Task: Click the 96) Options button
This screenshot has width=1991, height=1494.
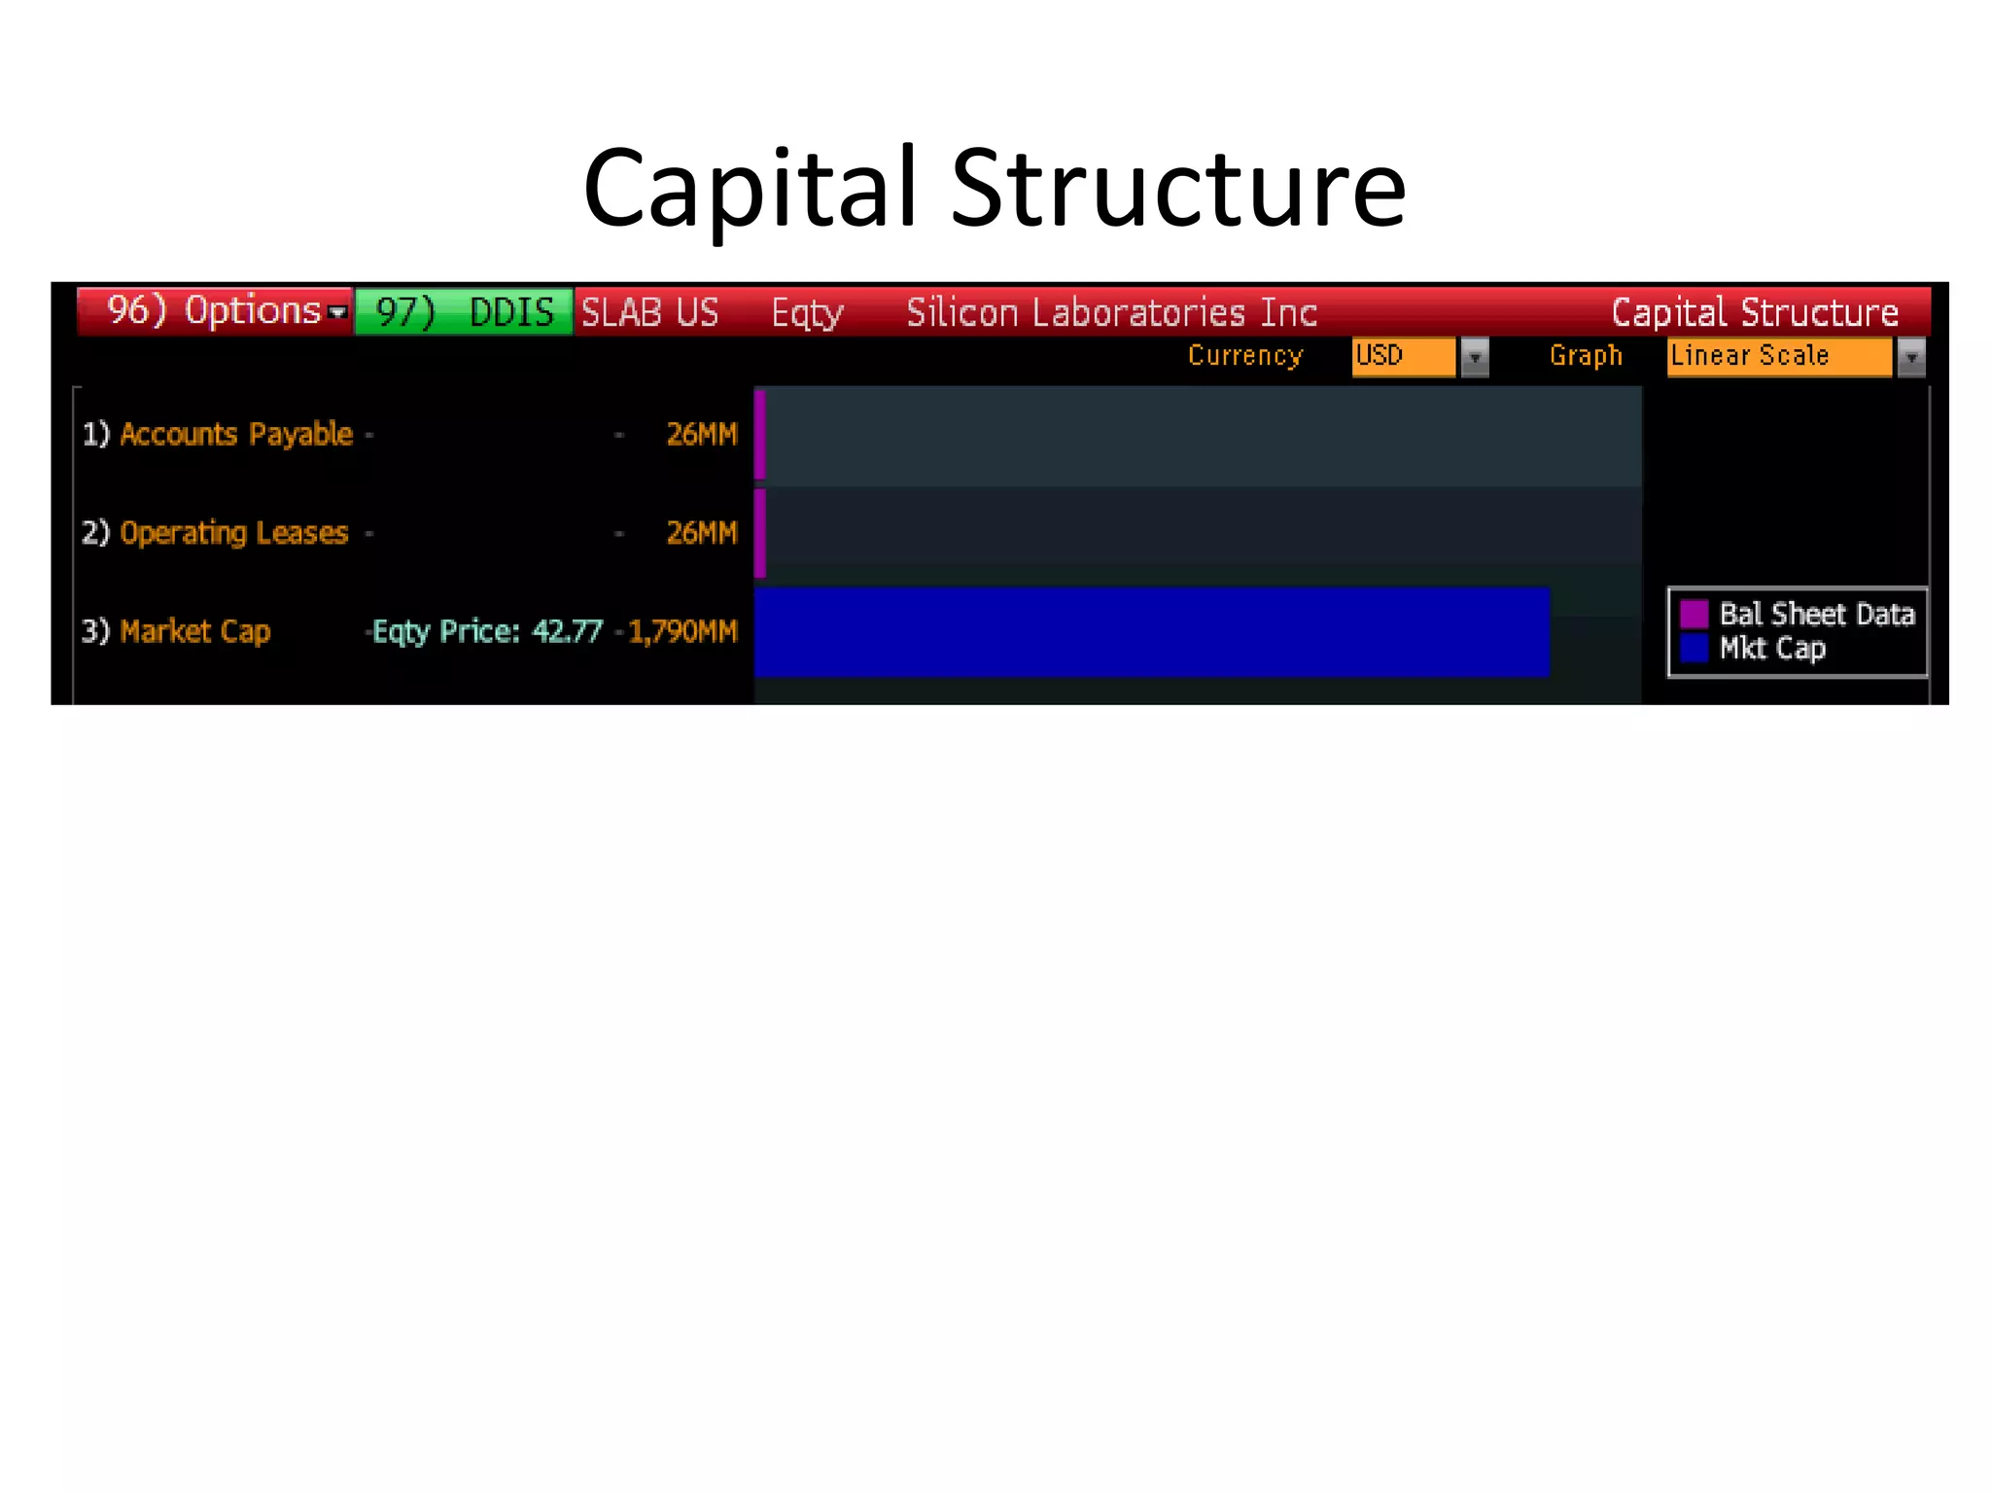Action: (x=215, y=311)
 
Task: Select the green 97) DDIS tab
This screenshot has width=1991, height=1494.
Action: (x=464, y=312)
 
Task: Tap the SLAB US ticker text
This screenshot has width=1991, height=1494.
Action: (x=649, y=312)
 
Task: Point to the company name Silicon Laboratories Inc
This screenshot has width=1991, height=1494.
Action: (x=1111, y=312)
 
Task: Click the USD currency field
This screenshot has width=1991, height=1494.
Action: (x=1403, y=356)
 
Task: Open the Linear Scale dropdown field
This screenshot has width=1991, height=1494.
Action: (x=1779, y=356)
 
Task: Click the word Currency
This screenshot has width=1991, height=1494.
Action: (x=1244, y=356)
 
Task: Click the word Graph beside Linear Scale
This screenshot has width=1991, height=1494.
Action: (x=1586, y=356)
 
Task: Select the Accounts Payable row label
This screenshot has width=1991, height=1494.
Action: (x=235, y=434)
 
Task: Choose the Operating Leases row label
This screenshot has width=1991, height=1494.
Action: (x=233, y=533)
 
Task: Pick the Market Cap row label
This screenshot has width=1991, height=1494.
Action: (x=194, y=631)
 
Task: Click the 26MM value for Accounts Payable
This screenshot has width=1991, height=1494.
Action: (x=701, y=434)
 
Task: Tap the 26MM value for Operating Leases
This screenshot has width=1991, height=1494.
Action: (x=701, y=533)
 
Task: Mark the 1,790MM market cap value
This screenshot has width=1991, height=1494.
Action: (x=682, y=631)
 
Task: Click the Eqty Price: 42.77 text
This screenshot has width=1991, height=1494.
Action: (x=487, y=631)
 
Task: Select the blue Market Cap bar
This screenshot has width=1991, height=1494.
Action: (x=1151, y=631)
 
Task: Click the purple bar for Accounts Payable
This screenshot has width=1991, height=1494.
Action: (x=760, y=434)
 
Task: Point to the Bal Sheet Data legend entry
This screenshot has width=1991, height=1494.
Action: (x=1815, y=614)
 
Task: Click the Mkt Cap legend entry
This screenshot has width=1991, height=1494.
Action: (x=1771, y=649)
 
